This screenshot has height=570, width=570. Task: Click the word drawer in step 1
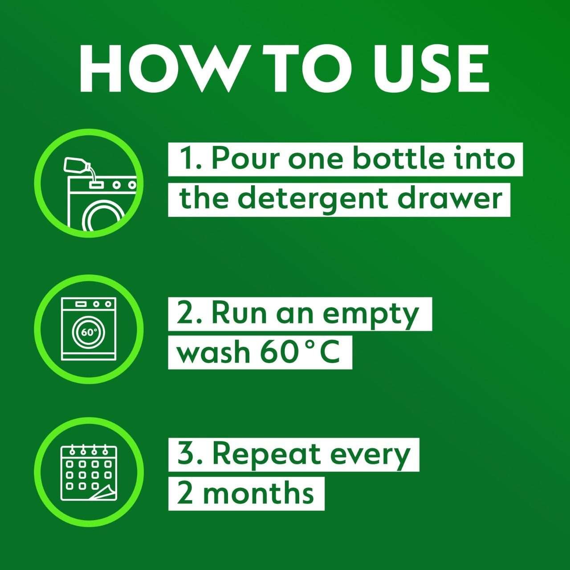pos(450,198)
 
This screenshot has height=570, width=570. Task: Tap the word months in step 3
pos(258,493)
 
